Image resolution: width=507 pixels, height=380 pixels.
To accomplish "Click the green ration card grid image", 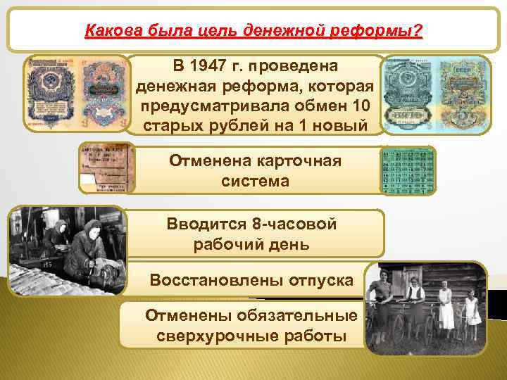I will [408, 171].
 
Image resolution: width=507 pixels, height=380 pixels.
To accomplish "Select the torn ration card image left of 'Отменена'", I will [106, 167].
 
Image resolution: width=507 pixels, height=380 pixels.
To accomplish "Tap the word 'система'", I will [254, 182].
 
